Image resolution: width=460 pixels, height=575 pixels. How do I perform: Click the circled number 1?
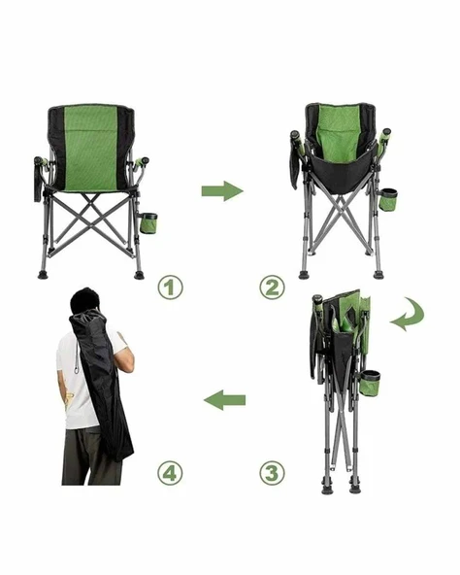click(x=170, y=287)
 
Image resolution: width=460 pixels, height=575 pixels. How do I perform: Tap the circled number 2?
click(x=272, y=287)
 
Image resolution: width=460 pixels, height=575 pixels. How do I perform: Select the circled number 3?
click(x=272, y=472)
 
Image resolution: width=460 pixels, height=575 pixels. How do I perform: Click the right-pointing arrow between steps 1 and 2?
click(x=222, y=191)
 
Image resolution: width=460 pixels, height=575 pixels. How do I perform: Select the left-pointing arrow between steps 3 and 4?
click(x=224, y=400)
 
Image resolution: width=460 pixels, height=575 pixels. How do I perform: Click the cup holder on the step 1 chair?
click(x=148, y=223)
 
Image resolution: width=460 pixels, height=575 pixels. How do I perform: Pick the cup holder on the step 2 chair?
click(x=388, y=200)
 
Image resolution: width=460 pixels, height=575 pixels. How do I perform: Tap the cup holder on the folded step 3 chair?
click(x=370, y=383)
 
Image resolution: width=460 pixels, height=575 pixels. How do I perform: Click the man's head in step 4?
click(x=84, y=301)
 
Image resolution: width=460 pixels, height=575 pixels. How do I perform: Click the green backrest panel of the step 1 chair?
click(x=90, y=149)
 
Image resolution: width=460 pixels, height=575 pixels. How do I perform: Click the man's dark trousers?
click(x=90, y=457)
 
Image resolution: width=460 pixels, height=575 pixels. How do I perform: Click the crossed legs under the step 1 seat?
click(x=91, y=220)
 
